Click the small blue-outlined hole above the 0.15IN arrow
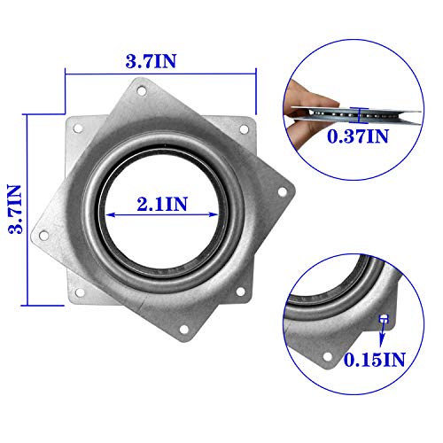click(383, 318)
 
